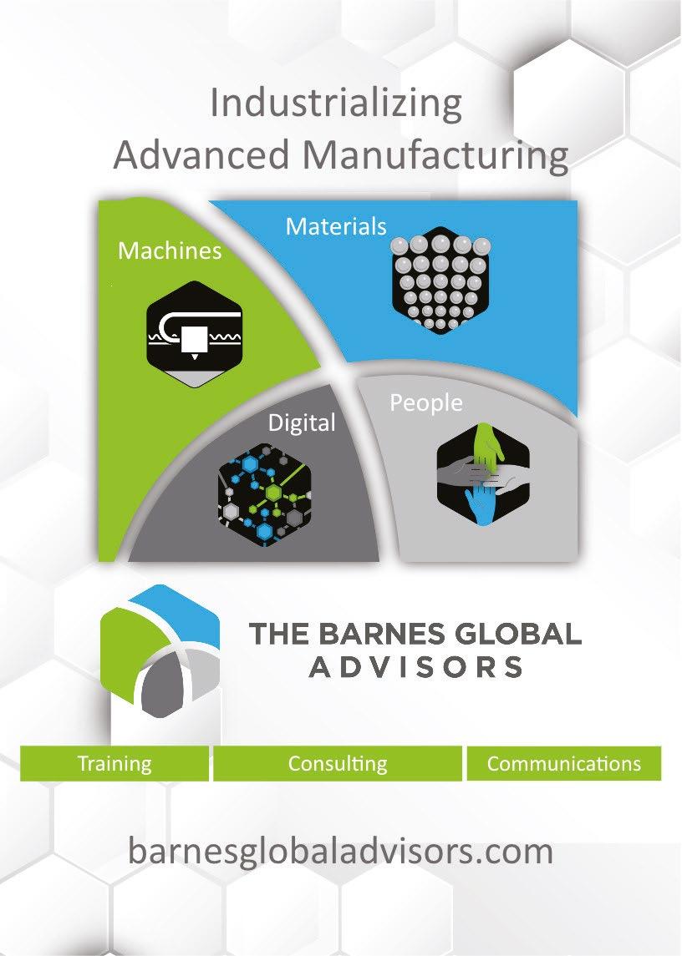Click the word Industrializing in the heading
coord(336,104)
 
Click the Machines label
coord(170,250)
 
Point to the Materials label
coord(336,226)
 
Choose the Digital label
coord(301,423)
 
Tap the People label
coord(426,403)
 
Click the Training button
coord(115,763)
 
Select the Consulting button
coord(338,763)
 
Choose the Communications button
coord(563,763)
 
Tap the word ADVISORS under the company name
coord(415,667)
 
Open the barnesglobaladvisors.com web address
coord(340,852)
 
